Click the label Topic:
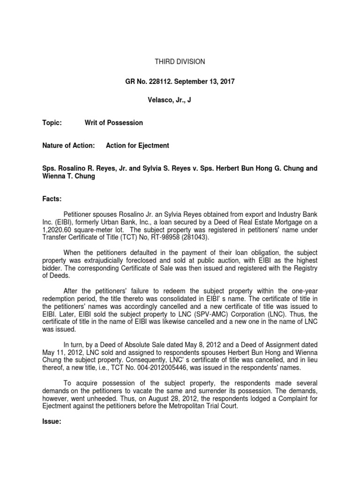click(x=52, y=123)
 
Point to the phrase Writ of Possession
click(x=113, y=123)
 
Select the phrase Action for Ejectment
click(x=137, y=146)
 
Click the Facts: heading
click(x=52, y=199)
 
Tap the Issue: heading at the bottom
click(x=52, y=421)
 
